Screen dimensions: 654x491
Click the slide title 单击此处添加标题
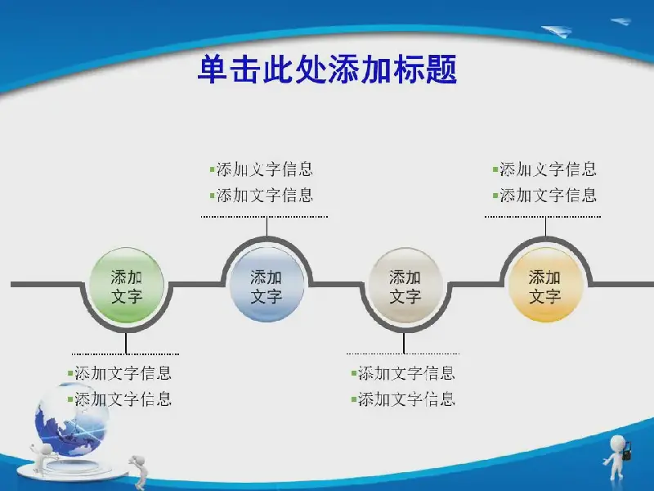point(328,69)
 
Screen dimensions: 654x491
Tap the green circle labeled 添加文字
point(126,285)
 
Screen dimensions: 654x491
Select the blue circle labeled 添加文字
point(267,285)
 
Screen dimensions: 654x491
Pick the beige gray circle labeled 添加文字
point(405,285)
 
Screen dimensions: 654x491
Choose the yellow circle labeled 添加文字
point(545,285)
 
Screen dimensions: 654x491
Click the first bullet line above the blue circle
point(261,169)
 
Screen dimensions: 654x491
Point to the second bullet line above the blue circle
point(261,195)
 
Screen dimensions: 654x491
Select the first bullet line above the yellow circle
point(544,169)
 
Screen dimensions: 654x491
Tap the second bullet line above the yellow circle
point(544,195)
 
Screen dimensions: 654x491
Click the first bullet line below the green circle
point(119,373)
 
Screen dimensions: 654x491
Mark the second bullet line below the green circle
point(119,399)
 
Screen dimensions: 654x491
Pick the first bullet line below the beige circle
point(403,373)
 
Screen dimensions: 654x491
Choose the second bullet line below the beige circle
point(403,399)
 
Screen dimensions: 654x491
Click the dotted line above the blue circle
point(264,217)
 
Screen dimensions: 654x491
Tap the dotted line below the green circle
point(126,354)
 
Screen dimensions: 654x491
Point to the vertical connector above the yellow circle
point(545,227)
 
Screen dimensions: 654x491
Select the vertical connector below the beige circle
point(404,343)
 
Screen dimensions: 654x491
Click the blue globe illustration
point(72,420)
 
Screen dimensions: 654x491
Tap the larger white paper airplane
point(558,31)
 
